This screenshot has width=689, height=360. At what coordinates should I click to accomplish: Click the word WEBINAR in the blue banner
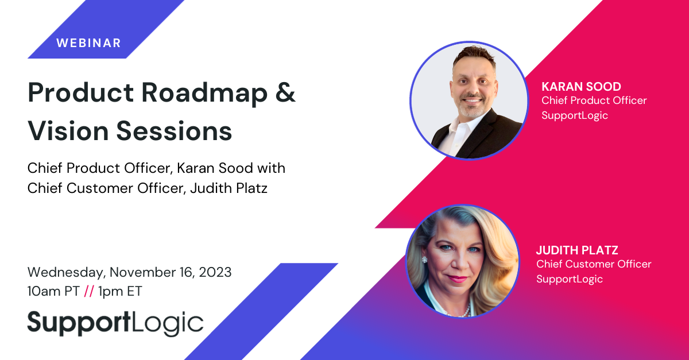(88, 43)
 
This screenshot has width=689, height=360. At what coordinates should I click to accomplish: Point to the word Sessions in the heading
(174, 131)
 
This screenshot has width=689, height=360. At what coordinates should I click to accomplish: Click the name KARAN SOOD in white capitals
(581, 87)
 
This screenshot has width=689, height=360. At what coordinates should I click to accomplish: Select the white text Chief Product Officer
(594, 100)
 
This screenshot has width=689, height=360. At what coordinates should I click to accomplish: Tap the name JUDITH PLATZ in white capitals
(577, 250)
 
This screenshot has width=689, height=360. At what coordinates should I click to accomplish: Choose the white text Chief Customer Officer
(594, 264)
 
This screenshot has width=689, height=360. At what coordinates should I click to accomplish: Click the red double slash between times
(89, 291)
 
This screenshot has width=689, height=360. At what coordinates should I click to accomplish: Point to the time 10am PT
(53, 291)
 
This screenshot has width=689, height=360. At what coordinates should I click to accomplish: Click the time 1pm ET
(120, 292)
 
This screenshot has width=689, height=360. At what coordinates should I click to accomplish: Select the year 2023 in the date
(215, 272)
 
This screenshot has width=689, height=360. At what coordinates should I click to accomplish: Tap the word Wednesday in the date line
(67, 273)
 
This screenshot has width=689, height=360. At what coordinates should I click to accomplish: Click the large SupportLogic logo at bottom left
(115, 323)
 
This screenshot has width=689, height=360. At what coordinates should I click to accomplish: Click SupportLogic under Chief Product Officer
(575, 115)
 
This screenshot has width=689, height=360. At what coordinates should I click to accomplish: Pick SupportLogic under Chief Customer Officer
(570, 280)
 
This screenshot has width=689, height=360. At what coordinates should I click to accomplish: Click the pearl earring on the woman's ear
(424, 260)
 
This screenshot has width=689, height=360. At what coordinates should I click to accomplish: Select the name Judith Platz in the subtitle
(229, 188)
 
